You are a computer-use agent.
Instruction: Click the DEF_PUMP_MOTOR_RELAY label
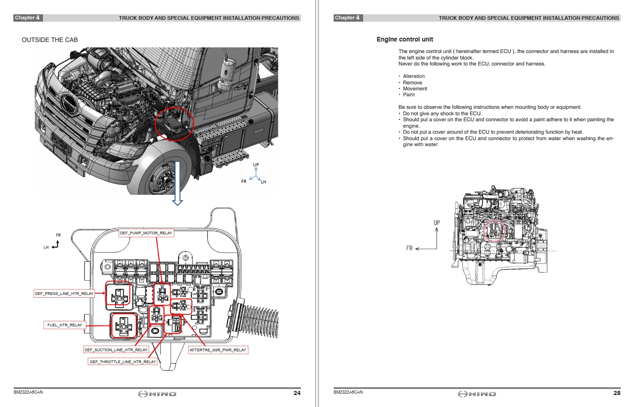146,233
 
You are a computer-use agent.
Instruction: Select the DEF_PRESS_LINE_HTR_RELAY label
64,293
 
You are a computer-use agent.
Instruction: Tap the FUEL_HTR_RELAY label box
65,325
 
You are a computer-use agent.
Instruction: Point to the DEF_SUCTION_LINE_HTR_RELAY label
116,350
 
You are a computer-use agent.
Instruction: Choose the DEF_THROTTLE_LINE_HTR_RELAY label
123,362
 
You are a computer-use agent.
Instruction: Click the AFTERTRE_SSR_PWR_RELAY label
218,350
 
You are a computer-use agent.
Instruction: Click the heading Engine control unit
404,40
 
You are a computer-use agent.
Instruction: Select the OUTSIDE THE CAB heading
50,40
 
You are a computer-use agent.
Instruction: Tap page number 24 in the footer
297,393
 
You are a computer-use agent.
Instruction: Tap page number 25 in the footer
617,393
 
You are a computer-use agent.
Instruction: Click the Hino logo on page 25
477,394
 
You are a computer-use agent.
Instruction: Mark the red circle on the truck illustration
174,123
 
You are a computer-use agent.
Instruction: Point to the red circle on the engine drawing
494,230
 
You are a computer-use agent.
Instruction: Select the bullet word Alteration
413,77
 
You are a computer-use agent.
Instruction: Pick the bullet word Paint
409,95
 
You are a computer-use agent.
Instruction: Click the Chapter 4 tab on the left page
27,18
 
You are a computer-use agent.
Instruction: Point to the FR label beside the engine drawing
409,248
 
